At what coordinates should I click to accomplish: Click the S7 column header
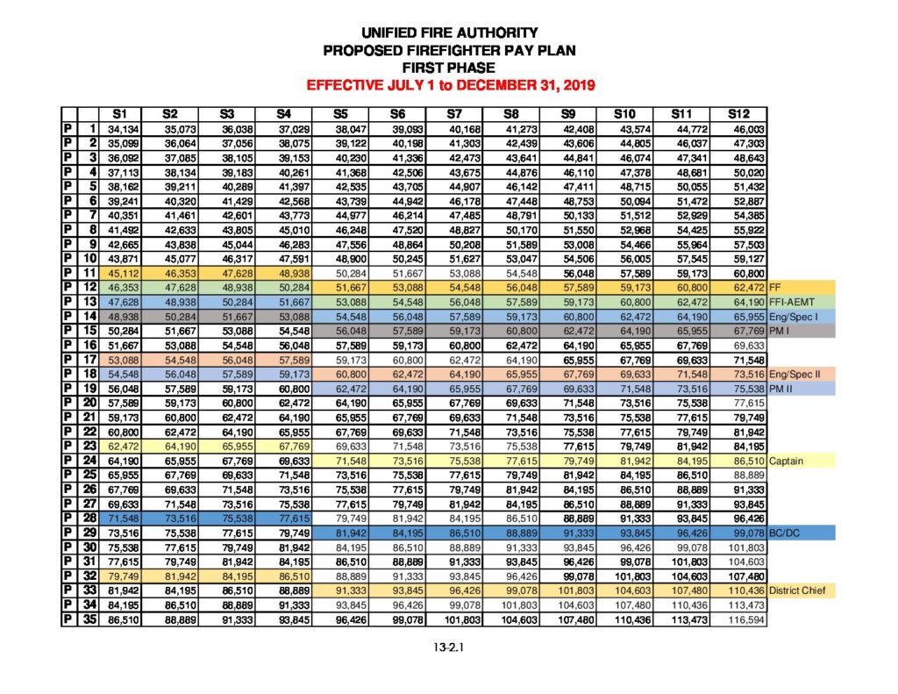coord(454,113)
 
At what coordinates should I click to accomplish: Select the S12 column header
coord(739,113)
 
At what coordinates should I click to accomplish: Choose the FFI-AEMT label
coord(789,300)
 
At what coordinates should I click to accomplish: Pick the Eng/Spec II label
coord(794,373)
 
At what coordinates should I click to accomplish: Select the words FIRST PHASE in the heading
coord(448,68)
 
